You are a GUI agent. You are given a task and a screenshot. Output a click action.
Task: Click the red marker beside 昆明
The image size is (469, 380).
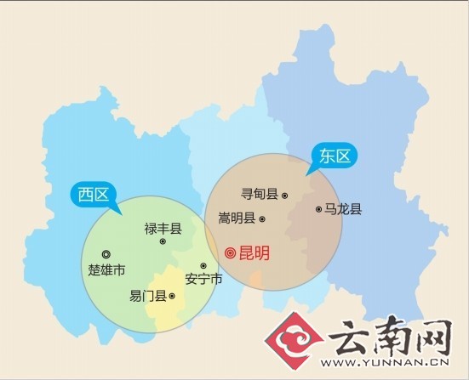[x=230, y=252]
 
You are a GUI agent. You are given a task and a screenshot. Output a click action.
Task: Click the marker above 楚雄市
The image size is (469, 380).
[x=106, y=254]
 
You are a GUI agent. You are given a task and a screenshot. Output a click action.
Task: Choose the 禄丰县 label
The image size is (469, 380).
[x=163, y=227]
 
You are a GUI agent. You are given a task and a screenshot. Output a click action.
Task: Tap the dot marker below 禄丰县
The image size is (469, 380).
[x=163, y=241]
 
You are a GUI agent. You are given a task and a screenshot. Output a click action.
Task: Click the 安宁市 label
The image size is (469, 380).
[x=203, y=280]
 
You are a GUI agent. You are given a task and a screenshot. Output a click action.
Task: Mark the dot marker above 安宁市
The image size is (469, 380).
[x=203, y=265]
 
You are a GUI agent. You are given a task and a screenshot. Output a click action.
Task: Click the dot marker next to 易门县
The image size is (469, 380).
[x=172, y=296]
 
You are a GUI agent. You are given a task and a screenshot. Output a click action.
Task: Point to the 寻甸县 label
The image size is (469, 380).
[x=260, y=195]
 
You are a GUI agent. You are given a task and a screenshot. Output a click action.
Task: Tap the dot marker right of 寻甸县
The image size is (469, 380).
[x=284, y=196]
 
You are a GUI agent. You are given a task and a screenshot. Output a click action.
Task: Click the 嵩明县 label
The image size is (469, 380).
[x=237, y=218]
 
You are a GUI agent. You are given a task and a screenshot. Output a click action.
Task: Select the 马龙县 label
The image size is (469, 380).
[x=343, y=209]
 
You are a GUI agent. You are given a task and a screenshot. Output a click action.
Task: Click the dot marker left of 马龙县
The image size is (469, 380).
[x=317, y=208]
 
